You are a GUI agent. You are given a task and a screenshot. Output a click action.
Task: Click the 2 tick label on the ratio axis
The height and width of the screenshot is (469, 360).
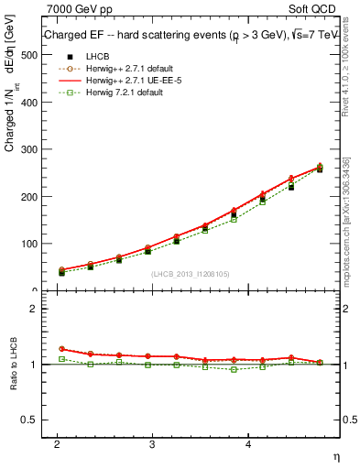point(34,309)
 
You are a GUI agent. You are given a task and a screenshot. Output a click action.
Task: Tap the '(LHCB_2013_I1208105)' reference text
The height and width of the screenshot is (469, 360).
point(191,274)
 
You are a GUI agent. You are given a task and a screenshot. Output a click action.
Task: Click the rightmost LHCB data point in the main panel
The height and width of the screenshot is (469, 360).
point(319,169)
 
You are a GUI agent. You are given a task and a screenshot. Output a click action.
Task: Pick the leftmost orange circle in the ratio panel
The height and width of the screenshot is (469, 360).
point(61,349)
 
